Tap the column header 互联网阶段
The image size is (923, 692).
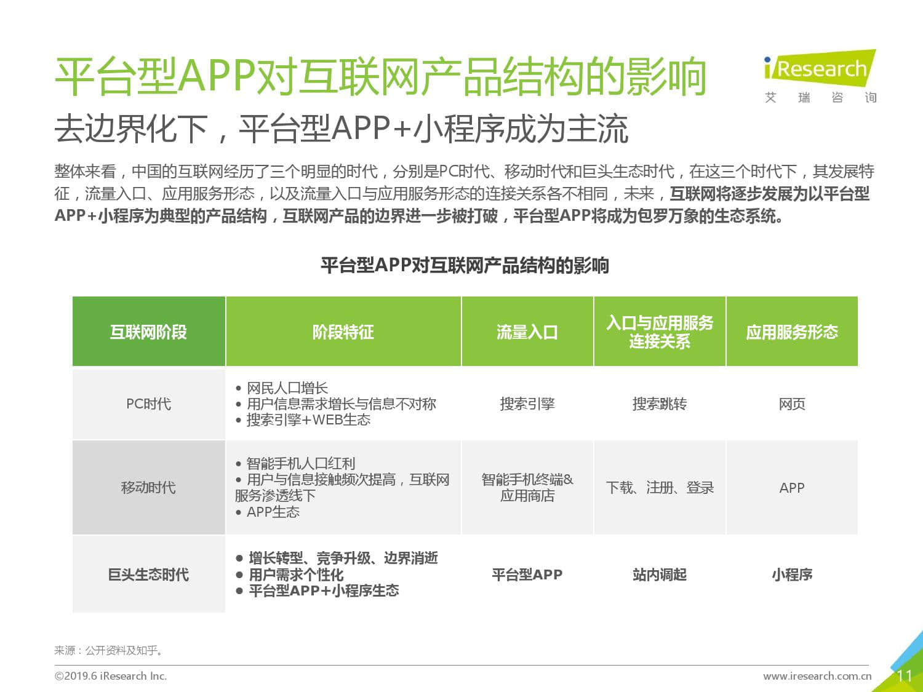point(148,332)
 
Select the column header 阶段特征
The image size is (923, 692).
point(343,332)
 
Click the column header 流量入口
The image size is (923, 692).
point(527,332)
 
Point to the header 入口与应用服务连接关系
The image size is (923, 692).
point(660,332)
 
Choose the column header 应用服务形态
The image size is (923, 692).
point(792,332)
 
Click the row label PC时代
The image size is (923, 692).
point(148,404)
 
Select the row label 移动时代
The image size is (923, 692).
point(148,487)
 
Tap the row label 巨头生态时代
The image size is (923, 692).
point(148,575)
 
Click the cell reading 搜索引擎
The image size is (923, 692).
point(527,404)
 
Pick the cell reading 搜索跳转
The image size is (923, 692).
point(660,404)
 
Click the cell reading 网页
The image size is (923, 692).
point(792,404)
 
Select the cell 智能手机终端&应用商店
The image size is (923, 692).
point(527,487)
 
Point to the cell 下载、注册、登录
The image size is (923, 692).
point(660,487)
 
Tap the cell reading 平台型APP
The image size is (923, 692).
point(527,575)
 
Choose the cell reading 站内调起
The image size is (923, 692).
point(660,575)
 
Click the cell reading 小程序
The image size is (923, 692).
point(792,575)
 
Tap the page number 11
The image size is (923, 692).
point(904,676)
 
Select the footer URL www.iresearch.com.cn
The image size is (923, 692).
point(817,676)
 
